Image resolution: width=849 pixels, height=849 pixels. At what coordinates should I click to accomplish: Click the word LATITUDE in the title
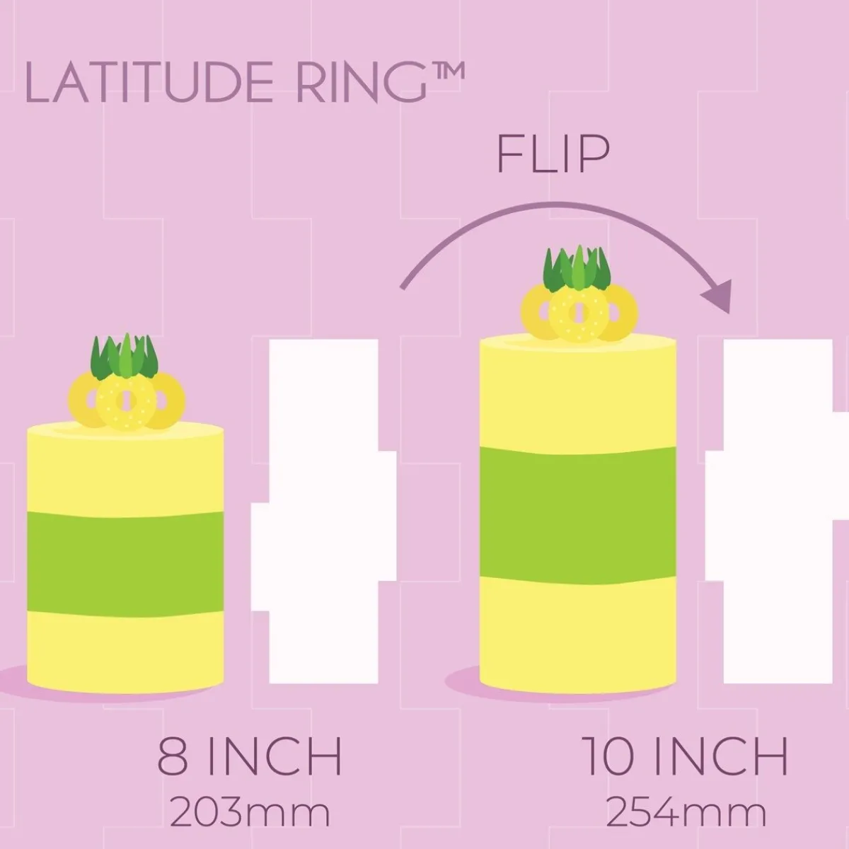[x=149, y=82]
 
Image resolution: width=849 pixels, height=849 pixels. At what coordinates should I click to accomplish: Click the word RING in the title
[x=362, y=82]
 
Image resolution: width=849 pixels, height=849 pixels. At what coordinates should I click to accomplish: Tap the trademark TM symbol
[x=446, y=71]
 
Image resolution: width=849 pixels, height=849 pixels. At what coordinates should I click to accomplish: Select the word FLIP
[x=553, y=154]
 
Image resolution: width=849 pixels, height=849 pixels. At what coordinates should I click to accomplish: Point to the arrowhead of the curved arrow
[x=718, y=296]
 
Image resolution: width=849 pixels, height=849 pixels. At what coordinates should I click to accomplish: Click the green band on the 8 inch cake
[x=125, y=564]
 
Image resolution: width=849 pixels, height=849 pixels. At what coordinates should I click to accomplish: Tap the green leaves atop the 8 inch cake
[x=125, y=356]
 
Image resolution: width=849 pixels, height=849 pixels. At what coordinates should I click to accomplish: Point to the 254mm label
[x=686, y=812]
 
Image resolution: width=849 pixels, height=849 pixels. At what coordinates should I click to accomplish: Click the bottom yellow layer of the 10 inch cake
[x=577, y=639]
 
